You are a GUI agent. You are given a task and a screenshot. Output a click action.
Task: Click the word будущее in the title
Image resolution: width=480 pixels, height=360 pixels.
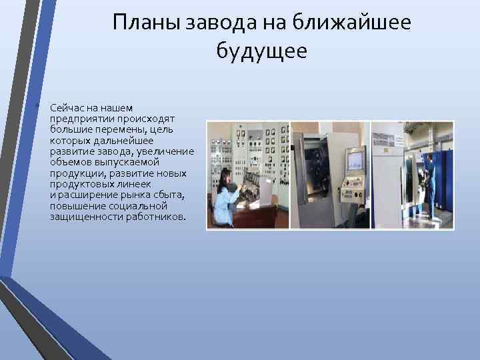click(262, 51)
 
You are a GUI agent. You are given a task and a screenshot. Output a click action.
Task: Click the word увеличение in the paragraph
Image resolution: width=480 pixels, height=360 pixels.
click(167, 151)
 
